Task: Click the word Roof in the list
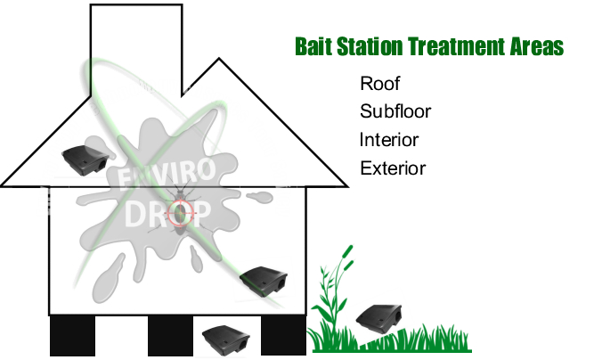(x=379, y=84)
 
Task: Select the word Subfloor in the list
(x=395, y=111)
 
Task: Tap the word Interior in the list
(x=389, y=140)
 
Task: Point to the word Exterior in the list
(x=393, y=168)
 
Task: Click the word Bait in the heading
(x=313, y=46)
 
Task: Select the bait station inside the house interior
(x=264, y=281)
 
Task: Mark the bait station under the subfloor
(x=226, y=340)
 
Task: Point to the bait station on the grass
(x=378, y=318)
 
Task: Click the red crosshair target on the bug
(x=181, y=213)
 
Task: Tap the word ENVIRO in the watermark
(x=167, y=174)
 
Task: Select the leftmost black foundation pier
(x=72, y=336)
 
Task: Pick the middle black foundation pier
(x=170, y=336)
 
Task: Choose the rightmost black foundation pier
(x=283, y=336)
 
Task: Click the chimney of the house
(x=136, y=49)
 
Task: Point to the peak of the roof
(x=219, y=58)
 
